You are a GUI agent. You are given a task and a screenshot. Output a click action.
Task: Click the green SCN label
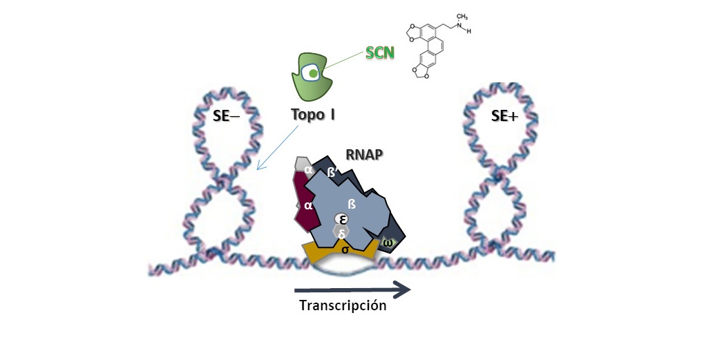379,53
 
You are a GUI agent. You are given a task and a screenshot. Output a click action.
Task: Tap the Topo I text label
311,114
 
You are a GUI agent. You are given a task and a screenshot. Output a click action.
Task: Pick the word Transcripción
343,306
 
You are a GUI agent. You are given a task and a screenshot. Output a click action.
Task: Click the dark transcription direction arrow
353,289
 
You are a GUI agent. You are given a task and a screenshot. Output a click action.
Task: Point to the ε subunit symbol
342,219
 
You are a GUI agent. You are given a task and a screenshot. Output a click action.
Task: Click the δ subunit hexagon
342,234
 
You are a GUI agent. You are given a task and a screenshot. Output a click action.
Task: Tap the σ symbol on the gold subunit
345,250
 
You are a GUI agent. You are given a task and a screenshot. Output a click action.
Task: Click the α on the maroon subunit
308,205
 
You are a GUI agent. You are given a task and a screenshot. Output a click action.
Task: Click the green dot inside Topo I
314,73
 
